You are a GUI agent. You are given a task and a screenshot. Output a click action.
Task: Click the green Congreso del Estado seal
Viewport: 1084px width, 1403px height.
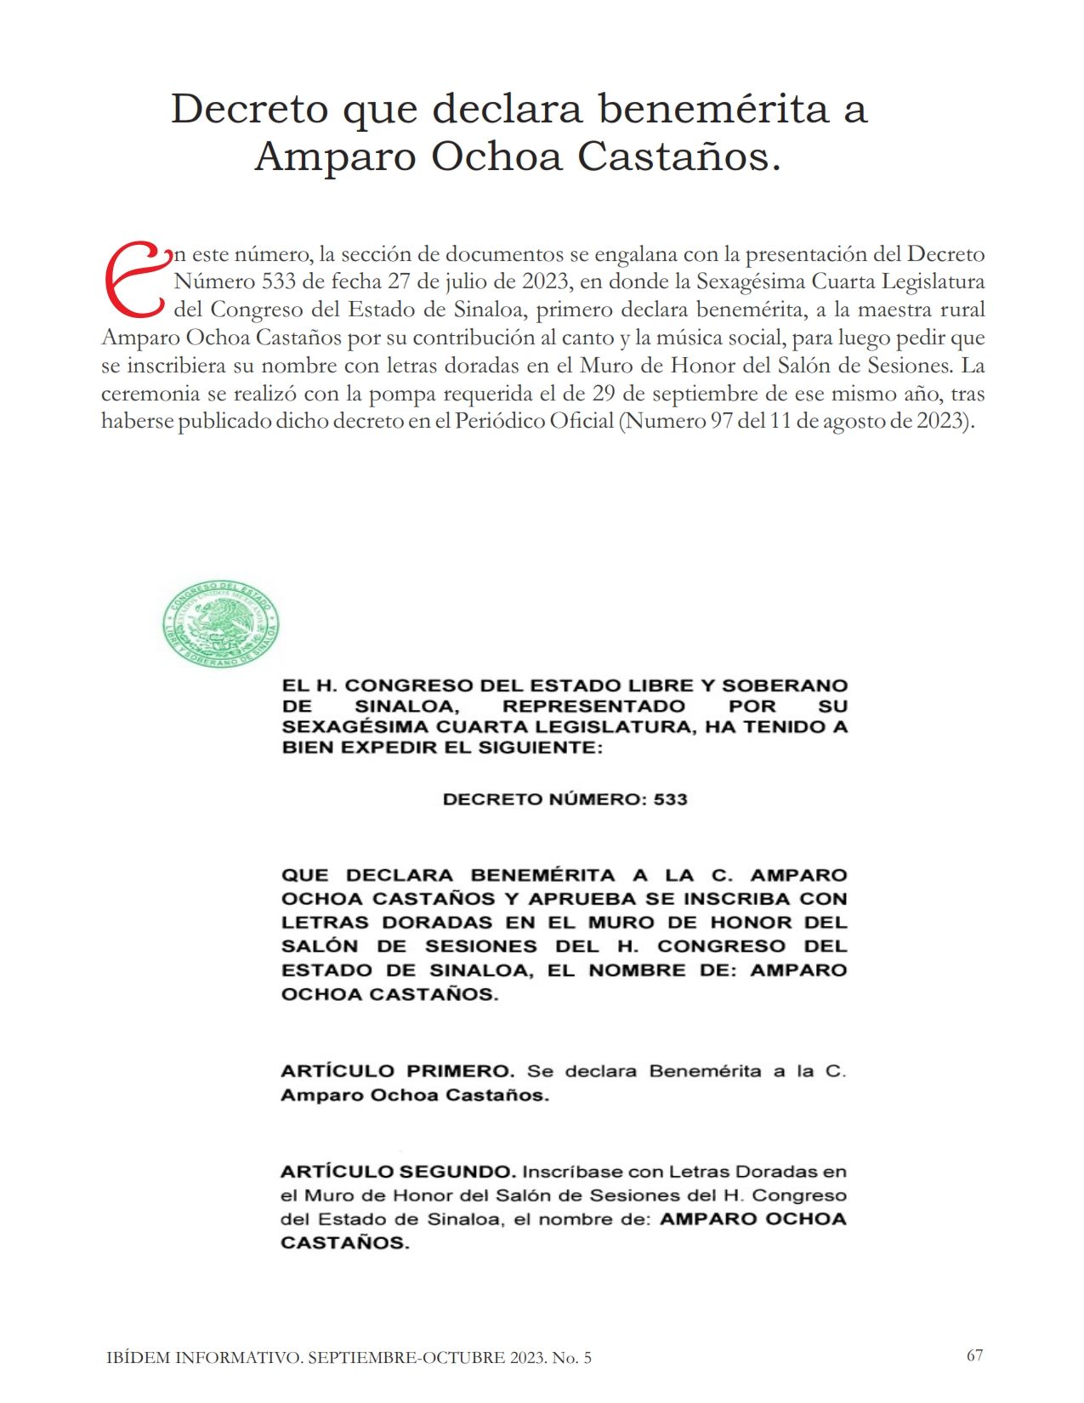[220, 624]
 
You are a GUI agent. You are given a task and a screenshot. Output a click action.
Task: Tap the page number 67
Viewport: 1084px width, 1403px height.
[974, 1355]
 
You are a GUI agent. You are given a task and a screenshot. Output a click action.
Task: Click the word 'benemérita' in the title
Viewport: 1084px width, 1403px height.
[712, 108]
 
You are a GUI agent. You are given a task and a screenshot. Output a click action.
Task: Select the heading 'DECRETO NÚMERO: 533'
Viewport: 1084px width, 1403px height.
[565, 799]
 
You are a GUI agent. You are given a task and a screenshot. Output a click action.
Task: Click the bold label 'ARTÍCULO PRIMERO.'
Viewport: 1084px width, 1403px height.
[397, 1071]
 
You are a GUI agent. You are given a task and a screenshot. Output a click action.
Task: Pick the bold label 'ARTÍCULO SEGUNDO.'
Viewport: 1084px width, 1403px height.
[398, 1172]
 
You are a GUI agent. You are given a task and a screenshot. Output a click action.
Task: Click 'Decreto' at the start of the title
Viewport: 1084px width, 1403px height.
[249, 108]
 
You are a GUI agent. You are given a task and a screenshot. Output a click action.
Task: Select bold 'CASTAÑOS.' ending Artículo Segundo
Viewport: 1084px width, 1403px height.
[344, 1243]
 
